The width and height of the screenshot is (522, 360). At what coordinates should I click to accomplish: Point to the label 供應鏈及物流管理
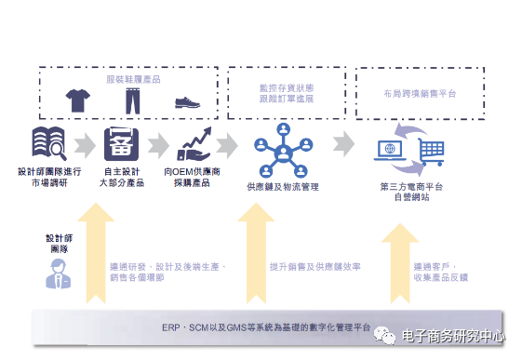click(282, 188)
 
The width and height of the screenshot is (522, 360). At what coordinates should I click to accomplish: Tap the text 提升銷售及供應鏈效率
click(315, 266)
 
